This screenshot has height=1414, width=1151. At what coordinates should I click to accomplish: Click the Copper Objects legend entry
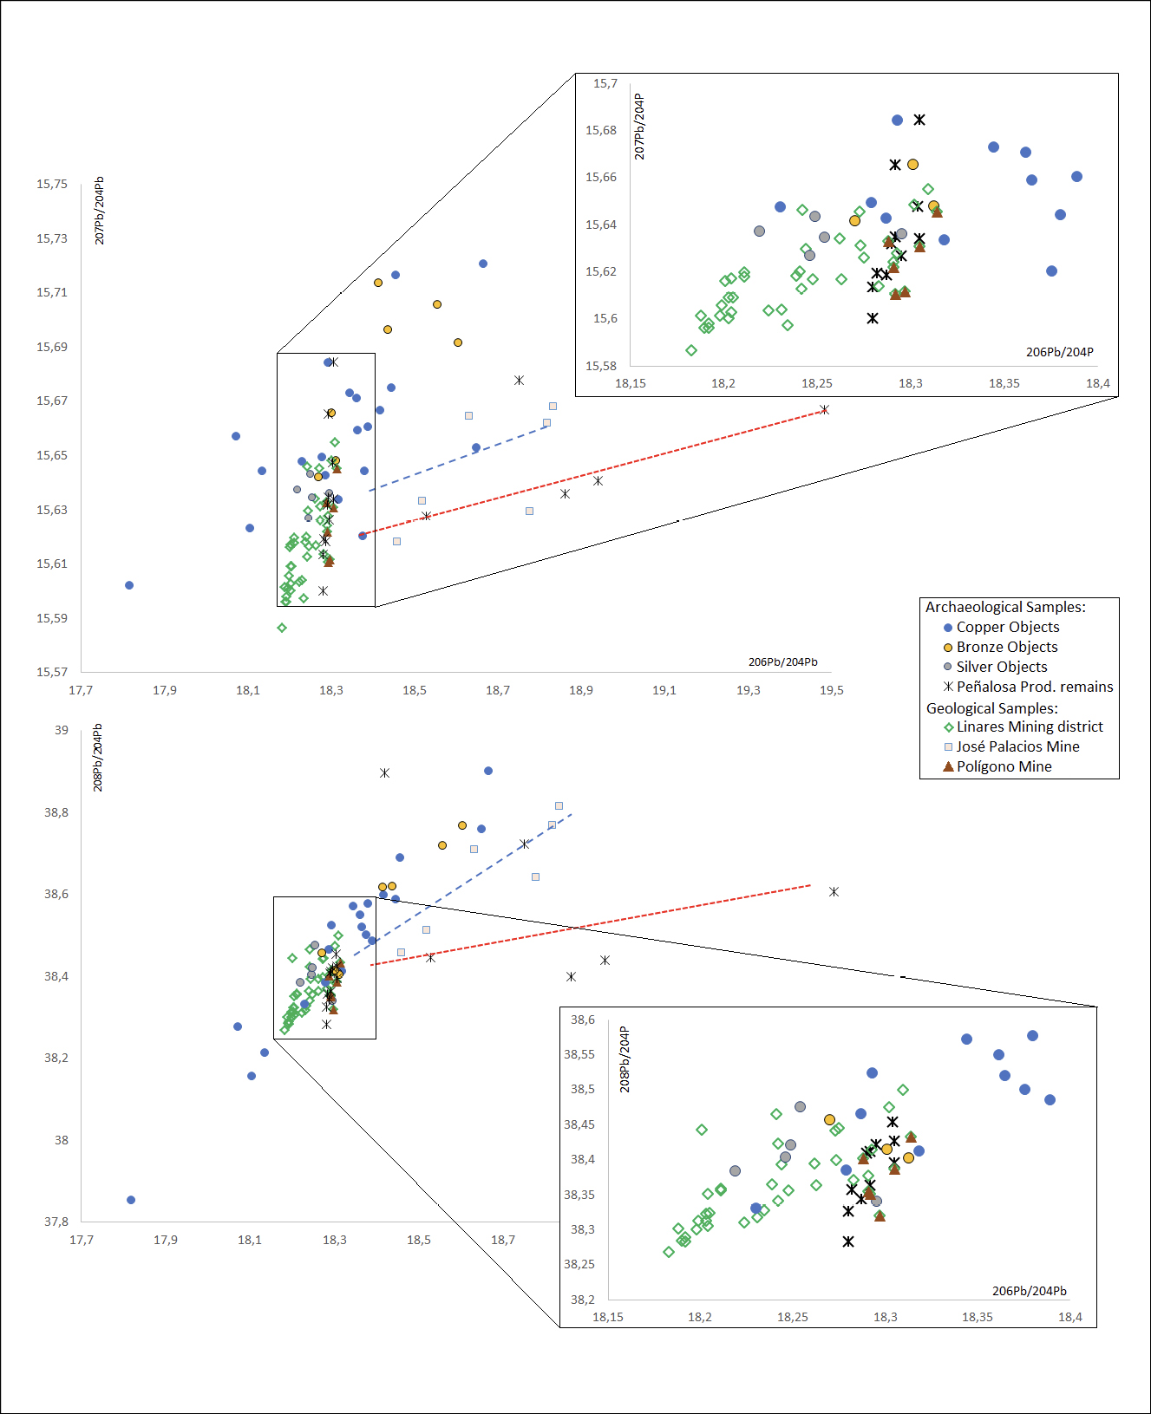pyautogui.click(x=1007, y=627)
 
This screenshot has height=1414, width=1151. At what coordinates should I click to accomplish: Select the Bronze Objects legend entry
pyautogui.click(x=1006, y=647)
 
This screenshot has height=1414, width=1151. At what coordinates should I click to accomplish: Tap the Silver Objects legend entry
pyautogui.click(x=1001, y=667)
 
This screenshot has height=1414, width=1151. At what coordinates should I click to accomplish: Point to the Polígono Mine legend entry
pyautogui.click(x=1004, y=766)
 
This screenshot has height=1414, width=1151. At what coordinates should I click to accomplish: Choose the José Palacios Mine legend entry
pyautogui.click(x=1017, y=746)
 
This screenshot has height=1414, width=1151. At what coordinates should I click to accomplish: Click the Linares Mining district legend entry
pyautogui.click(x=1029, y=727)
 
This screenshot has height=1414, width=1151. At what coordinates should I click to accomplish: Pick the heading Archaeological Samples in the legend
pyautogui.click(x=1005, y=607)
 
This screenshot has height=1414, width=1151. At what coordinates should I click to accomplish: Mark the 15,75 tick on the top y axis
pyautogui.click(x=52, y=184)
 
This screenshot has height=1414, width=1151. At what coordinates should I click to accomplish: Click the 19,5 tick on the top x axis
pyautogui.click(x=831, y=690)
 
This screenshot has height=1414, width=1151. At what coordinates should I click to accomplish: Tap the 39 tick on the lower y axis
pyautogui.click(x=62, y=730)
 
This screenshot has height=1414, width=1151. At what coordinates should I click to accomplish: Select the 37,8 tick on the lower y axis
pyautogui.click(x=56, y=1222)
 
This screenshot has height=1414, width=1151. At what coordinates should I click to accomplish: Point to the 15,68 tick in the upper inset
pyautogui.click(x=601, y=130)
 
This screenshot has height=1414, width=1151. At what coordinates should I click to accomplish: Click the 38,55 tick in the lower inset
pyautogui.click(x=579, y=1054)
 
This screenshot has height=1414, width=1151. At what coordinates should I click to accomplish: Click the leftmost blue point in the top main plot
pyautogui.click(x=129, y=585)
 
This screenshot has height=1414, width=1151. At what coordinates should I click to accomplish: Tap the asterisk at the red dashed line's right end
pyautogui.click(x=824, y=409)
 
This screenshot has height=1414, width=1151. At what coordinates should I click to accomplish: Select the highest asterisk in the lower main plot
pyautogui.click(x=384, y=772)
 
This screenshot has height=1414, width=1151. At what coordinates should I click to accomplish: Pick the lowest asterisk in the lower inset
pyautogui.click(x=848, y=1241)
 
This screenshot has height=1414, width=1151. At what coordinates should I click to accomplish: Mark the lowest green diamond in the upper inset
pyautogui.click(x=691, y=350)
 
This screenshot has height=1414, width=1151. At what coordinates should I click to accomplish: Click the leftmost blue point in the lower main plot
pyautogui.click(x=131, y=1200)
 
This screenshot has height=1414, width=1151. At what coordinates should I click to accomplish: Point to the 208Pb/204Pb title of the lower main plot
pyautogui.click(x=98, y=757)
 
